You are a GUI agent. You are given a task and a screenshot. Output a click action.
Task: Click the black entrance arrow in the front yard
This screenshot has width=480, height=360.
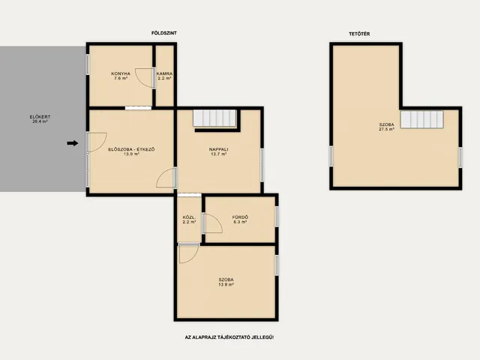point(73,143)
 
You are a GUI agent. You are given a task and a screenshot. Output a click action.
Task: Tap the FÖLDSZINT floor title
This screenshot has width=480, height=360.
point(164,33)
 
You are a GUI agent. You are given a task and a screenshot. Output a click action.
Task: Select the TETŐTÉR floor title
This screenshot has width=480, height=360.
point(359,34)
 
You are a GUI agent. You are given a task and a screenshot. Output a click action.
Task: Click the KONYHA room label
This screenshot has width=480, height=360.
point(121,73)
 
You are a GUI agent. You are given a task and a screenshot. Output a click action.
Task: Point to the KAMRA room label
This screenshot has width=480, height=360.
point(165,73)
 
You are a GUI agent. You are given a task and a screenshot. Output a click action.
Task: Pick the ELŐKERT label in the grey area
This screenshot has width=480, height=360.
point(40,117)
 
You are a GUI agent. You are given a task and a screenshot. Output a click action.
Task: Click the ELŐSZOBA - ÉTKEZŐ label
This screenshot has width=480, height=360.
point(132,149)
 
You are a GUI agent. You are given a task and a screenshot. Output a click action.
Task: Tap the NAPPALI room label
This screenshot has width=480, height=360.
point(218,149)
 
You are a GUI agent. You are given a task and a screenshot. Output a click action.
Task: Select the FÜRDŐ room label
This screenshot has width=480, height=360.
point(240,217)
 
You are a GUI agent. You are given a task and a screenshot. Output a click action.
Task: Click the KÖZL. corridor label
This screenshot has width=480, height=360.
point(189,217)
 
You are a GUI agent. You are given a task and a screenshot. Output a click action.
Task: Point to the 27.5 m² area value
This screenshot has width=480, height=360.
point(387,129)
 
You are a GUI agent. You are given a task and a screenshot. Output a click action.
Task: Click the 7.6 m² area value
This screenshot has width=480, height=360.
point(121,78)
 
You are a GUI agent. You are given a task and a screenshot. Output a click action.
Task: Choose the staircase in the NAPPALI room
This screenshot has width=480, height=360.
point(214,118)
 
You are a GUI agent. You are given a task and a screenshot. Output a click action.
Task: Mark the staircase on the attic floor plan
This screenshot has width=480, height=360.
point(422,119)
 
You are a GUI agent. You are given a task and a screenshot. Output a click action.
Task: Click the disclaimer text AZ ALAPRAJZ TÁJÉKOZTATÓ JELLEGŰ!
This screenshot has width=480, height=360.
point(229,337)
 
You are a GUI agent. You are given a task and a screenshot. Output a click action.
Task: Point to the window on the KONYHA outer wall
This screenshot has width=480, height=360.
point(87,64)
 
